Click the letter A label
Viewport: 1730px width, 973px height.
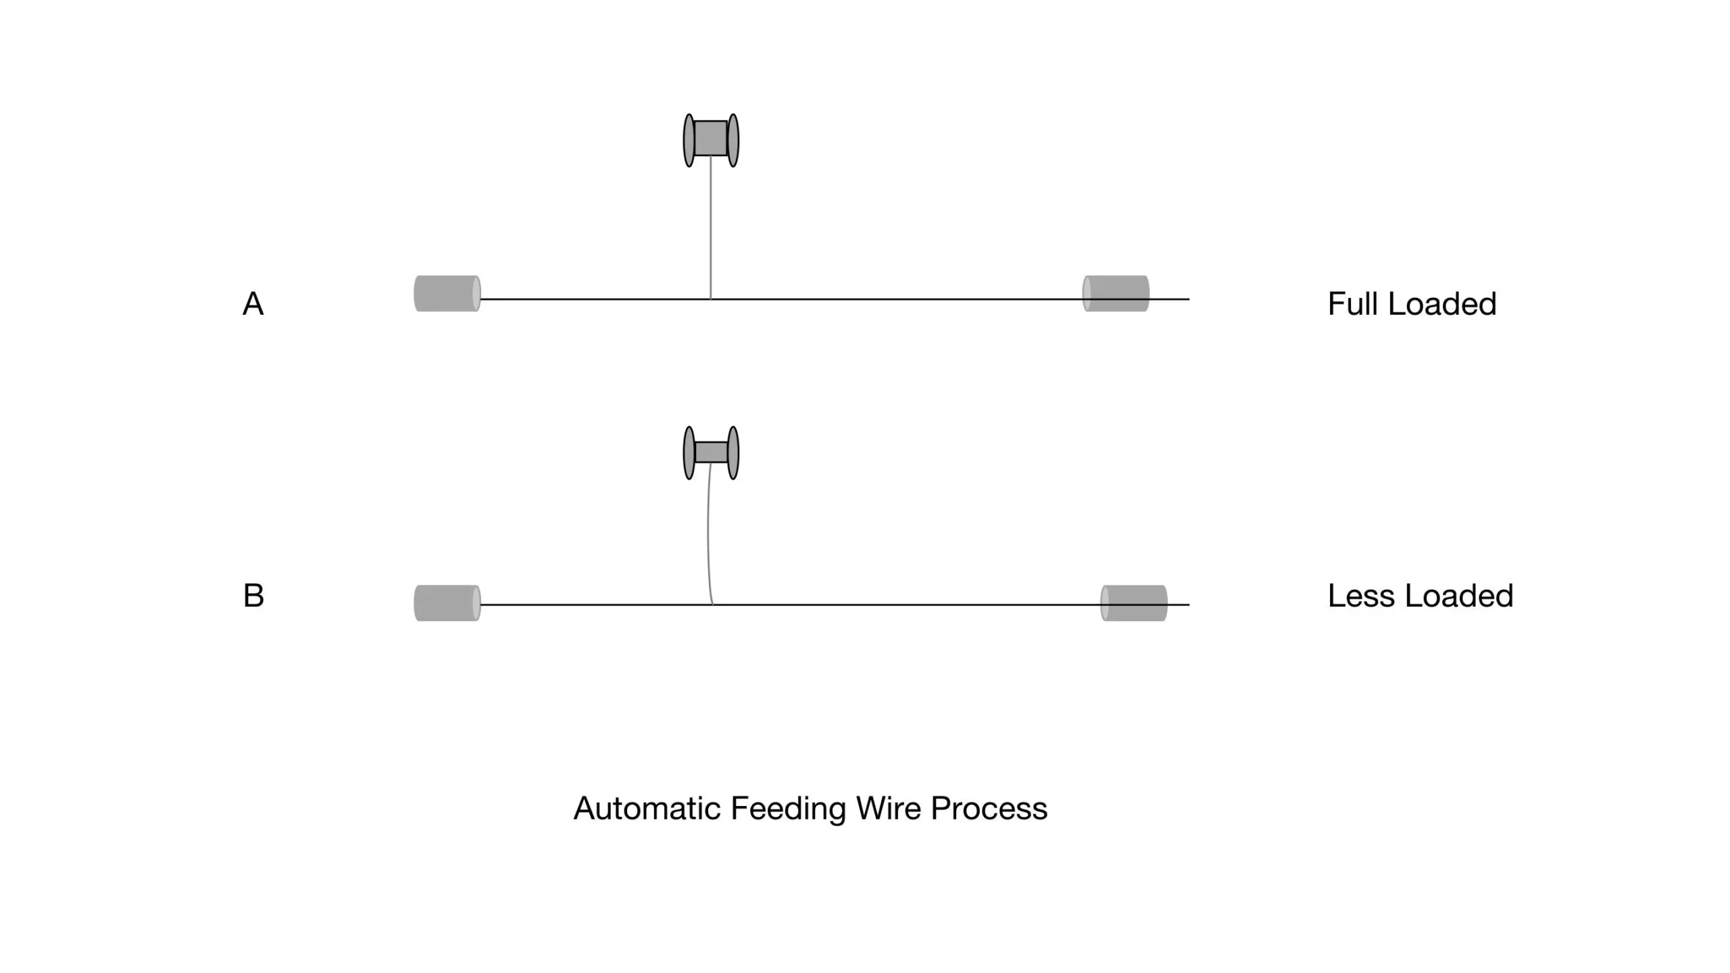[x=253, y=304]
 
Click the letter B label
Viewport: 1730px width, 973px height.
[x=253, y=595]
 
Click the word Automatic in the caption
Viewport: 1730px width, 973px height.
[x=647, y=808]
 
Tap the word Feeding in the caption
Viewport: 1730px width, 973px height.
[x=788, y=808]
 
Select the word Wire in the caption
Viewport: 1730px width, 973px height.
[x=888, y=808]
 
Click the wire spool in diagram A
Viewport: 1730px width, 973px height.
[x=711, y=139]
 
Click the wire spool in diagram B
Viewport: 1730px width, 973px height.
[x=711, y=452]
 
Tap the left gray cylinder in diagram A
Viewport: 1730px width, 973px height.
[x=447, y=293]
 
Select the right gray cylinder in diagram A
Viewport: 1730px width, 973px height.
[x=1116, y=293]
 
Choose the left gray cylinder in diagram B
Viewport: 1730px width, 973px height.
[x=447, y=603]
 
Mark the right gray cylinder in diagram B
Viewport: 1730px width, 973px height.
[x=1134, y=603]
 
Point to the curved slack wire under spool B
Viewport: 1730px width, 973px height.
[x=708, y=534]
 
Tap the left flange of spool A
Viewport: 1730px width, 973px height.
[x=689, y=140]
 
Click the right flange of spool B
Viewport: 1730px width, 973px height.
[x=733, y=453]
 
